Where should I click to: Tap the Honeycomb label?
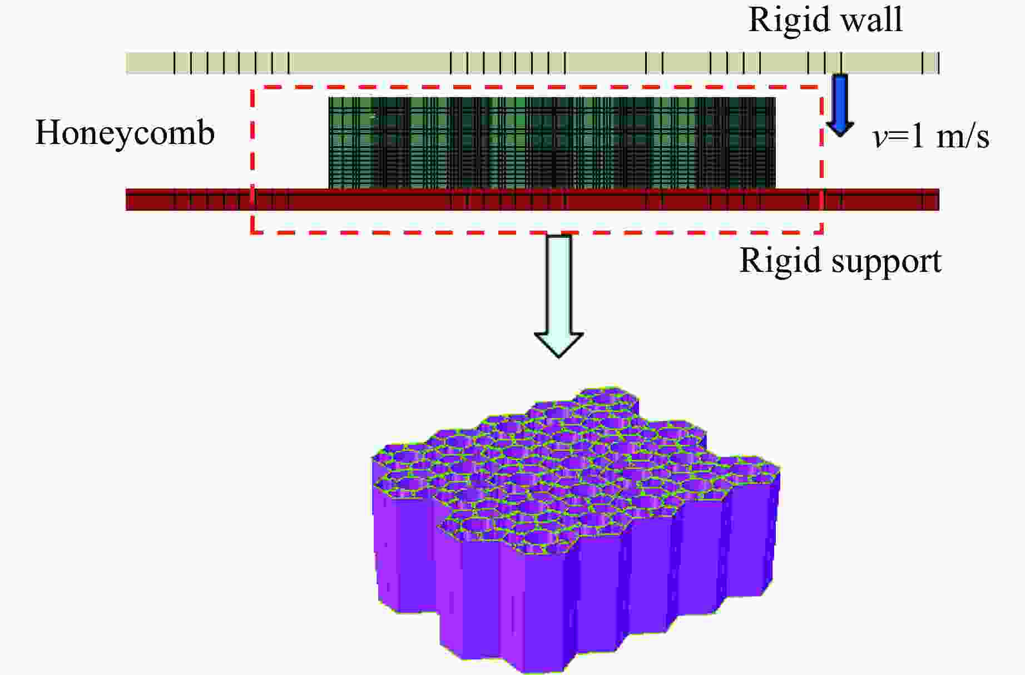[125, 133]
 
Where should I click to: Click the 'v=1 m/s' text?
[931, 136]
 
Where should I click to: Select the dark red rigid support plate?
[389, 200]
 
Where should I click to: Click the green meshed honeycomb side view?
[552, 143]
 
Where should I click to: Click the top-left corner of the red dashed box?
[252, 87]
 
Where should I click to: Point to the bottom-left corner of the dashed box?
[252, 232]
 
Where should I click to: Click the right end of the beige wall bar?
[937, 63]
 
